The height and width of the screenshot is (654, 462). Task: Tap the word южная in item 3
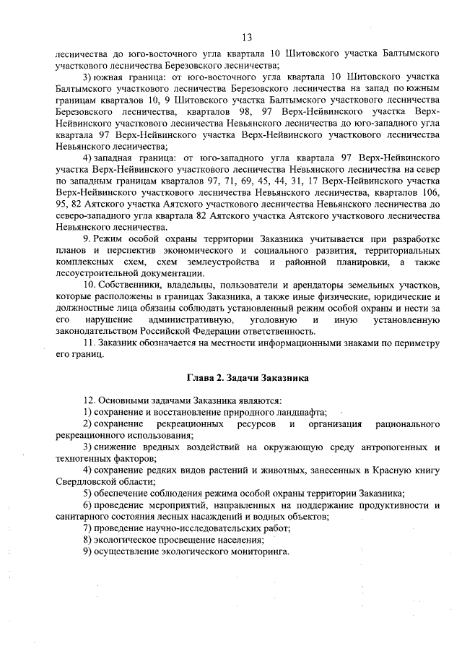pyautogui.click(x=109, y=76)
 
